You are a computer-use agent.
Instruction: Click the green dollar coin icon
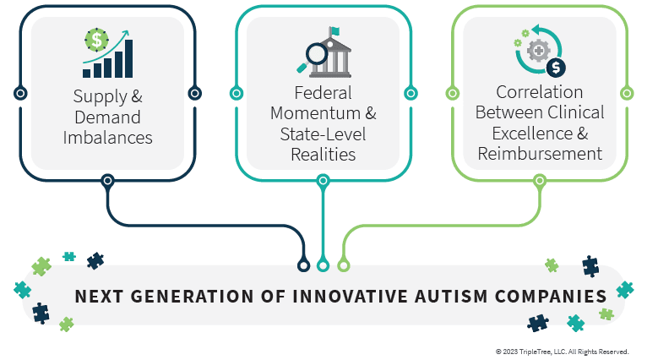point(96,41)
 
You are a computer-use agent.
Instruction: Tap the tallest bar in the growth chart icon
point(129,59)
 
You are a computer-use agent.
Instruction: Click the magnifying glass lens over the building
point(317,54)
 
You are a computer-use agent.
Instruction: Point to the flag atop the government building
point(334,31)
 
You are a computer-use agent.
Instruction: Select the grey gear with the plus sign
point(538,52)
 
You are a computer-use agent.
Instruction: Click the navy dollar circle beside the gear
point(556,68)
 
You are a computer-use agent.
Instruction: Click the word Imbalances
point(108,138)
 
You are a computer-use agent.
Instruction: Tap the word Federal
point(323,93)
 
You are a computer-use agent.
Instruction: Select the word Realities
point(324,155)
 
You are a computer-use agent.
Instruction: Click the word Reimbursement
point(540,154)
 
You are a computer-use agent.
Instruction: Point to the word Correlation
point(539,92)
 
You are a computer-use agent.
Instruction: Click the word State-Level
point(323,134)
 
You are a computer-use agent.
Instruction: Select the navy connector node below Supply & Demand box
point(108,181)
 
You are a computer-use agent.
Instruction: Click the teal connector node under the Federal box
point(323,181)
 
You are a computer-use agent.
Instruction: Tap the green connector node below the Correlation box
point(540,181)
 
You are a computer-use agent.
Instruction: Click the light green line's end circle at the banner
point(344,265)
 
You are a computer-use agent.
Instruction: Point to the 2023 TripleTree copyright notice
point(562,352)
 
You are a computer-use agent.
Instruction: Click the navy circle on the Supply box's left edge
point(20,93)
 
